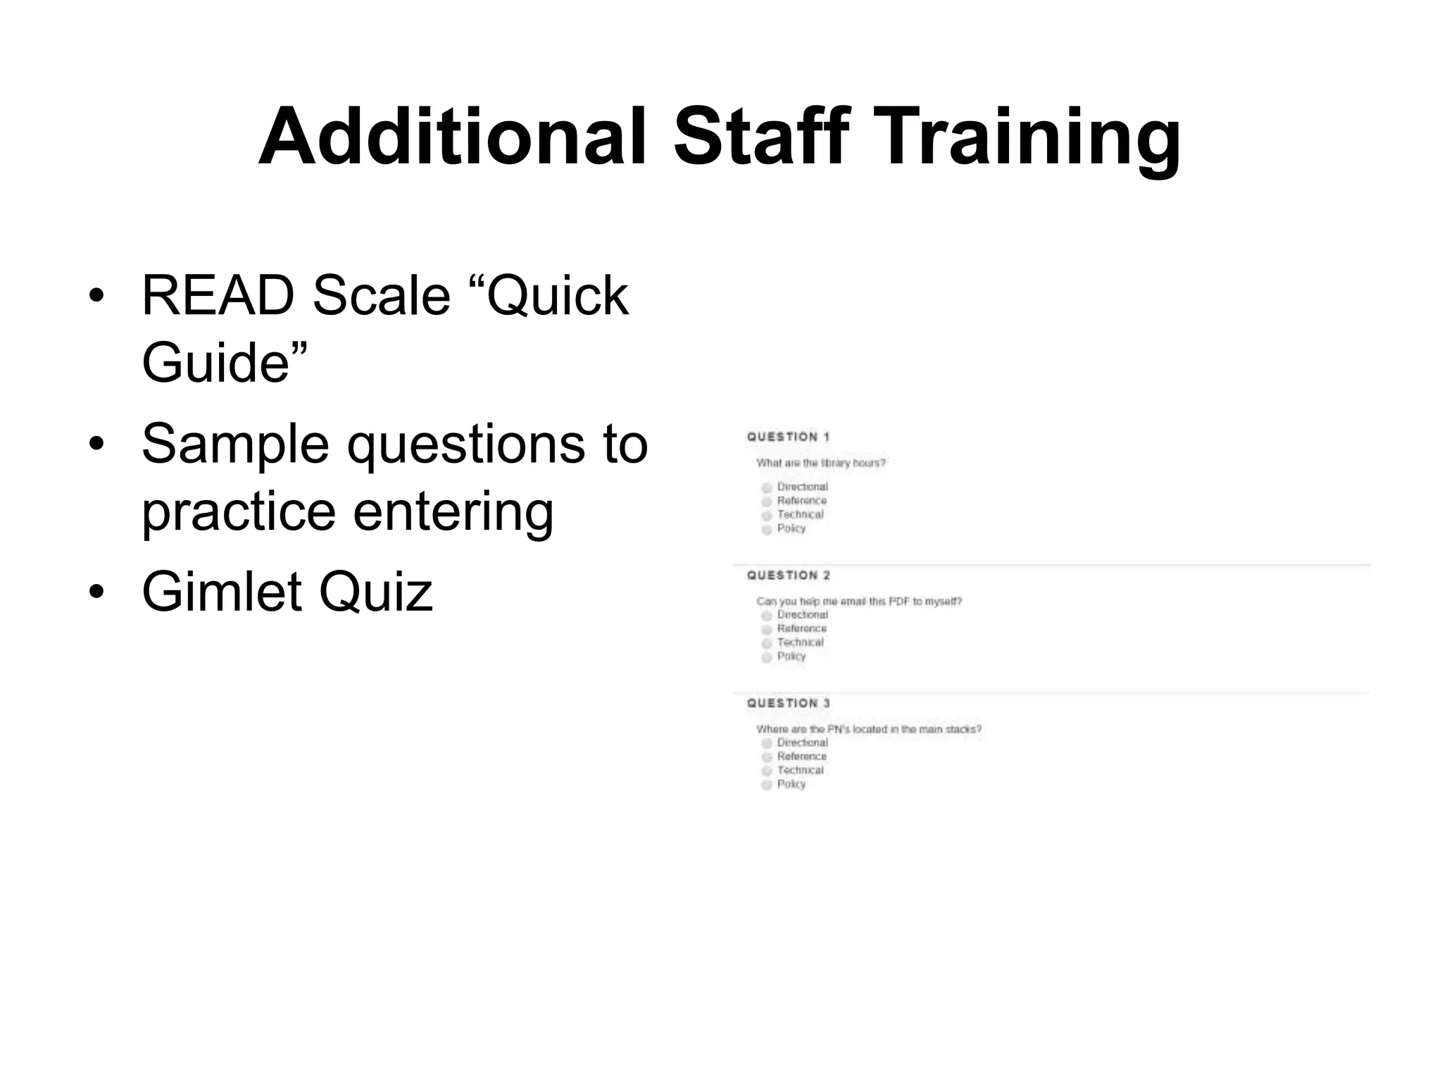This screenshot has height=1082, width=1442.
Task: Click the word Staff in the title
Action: coord(761,137)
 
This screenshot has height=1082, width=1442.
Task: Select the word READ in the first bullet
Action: coord(218,296)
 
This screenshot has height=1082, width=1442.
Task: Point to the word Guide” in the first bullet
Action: coord(225,363)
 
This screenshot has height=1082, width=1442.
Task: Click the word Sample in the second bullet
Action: coord(235,445)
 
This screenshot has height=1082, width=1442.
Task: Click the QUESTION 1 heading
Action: coord(788,437)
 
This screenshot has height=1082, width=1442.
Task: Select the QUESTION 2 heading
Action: coord(788,576)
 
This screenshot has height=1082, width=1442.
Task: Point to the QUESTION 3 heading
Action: coord(788,703)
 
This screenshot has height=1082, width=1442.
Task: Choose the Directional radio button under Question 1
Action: coord(767,487)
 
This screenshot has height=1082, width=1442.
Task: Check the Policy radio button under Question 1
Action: coord(767,529)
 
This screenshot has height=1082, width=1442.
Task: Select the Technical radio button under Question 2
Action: coord(767,643)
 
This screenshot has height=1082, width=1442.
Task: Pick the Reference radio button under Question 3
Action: coord(767,757)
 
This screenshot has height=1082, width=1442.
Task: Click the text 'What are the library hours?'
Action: coord(820,463)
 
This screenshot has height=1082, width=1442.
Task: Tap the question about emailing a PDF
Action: coord(858,602)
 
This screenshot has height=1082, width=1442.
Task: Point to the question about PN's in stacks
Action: coord(868,729)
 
